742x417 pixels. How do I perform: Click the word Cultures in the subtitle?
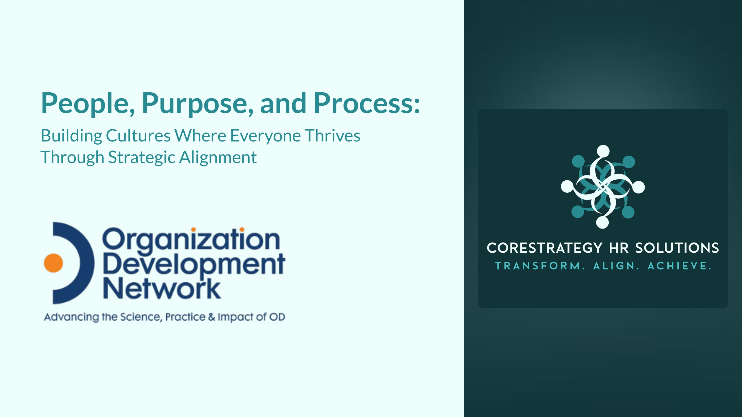(138, 136)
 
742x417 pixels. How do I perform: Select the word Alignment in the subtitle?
(218, 158)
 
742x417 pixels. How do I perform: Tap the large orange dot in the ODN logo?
(53, 263)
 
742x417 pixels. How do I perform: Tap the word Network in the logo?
(162, 289)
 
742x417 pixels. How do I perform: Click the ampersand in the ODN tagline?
(211, 317)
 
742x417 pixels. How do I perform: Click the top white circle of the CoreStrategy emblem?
(603, 151)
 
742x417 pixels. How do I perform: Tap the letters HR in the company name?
(619, 248)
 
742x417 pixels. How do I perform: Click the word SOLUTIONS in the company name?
(677, 248)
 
